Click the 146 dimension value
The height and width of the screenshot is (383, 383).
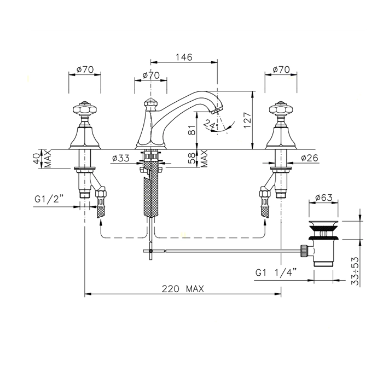tap(184, 57)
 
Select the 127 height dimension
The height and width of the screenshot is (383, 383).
tap(247, 120)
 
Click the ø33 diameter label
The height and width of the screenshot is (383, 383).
tap(121, 158)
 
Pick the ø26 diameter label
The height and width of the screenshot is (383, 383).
tap(310, 158)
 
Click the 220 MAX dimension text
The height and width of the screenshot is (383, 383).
tap(183, 289)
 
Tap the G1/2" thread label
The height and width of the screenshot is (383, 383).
tap(49, 199)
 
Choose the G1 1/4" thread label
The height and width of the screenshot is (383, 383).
tap(276, 272)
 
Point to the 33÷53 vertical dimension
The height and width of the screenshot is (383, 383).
tap(356, 271)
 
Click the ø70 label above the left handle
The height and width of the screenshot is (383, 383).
tap(85, 69)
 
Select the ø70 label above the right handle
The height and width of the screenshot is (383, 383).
tap(281, 69)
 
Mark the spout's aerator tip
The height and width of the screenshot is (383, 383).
tap(217, 109)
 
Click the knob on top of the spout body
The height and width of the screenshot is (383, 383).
tap(150, 104)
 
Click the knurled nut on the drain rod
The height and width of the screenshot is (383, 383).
tap(303, 251)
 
